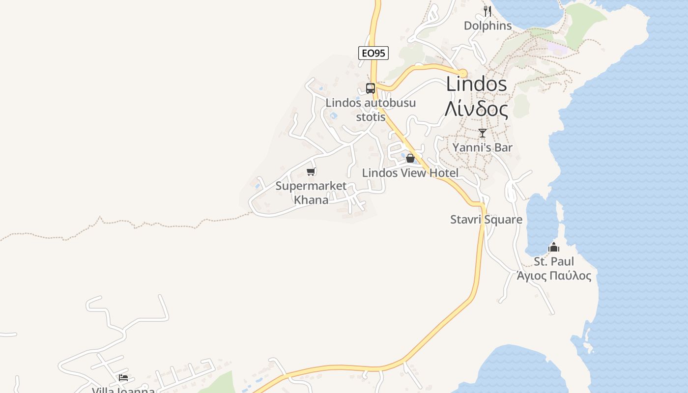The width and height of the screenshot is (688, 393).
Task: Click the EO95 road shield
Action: (x=373, y=53)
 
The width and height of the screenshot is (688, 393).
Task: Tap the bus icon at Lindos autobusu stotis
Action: (x=371, y=88)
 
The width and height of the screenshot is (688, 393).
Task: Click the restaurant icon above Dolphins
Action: (x=487, y=11)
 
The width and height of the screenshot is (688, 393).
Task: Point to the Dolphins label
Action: (x=487, y=26)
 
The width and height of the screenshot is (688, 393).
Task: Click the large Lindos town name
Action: (x=476, y=84)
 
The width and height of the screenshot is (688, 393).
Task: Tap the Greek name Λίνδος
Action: (x=476, y=109)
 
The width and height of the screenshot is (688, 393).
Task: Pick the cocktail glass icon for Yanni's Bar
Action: (x=483, y=133)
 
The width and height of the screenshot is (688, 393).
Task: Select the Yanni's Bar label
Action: (x=482, y=147)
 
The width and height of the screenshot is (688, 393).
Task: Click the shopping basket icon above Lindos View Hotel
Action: (x=410, y=158)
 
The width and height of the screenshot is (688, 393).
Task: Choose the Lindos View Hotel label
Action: (x=410, y=173)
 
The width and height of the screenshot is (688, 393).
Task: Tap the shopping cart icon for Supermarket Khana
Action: (x=311, y=171)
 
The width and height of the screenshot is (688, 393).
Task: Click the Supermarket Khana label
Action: (x=311, y=193)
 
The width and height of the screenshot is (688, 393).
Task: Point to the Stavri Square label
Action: (x=486, y=220)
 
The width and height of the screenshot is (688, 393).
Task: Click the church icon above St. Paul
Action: (x=554, y=247)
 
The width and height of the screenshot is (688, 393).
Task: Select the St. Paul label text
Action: (x=554, y=261)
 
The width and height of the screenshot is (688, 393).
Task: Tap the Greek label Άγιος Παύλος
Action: (x=554, y=276)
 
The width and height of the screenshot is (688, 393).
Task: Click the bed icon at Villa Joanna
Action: (x=123, y=377)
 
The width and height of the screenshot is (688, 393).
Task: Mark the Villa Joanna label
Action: (x=123, y=390)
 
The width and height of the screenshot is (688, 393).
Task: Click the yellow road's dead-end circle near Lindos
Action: (x=462, y=73)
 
